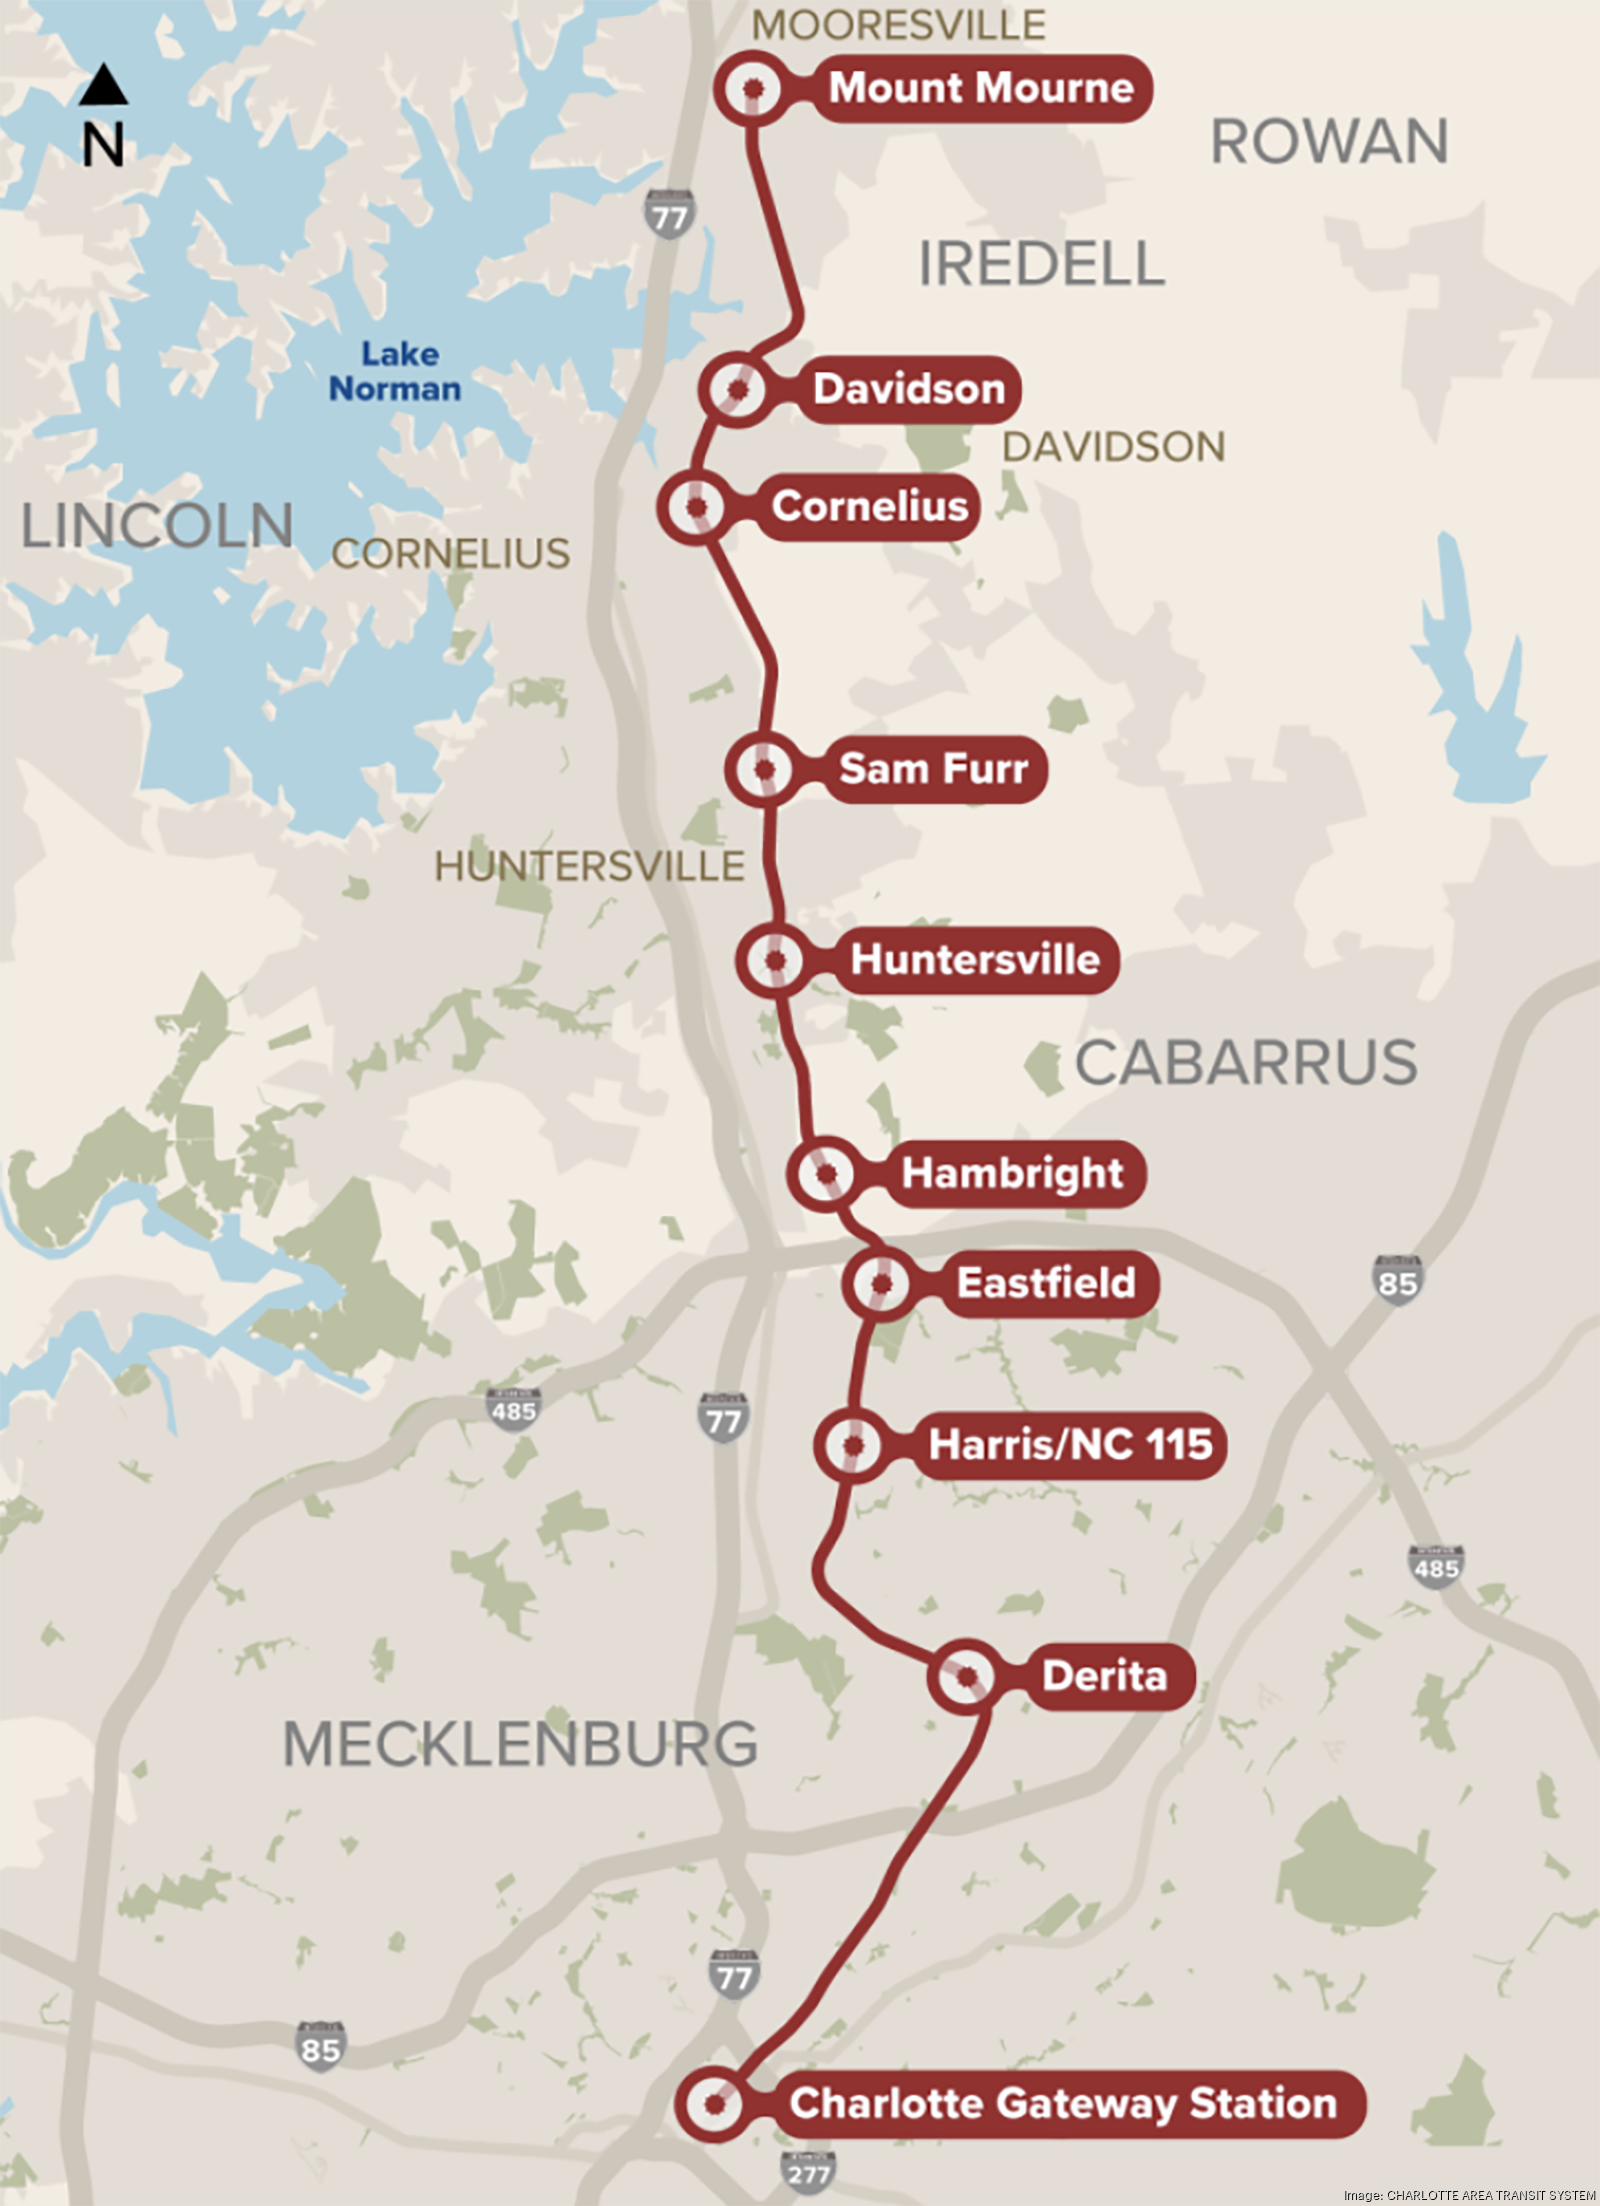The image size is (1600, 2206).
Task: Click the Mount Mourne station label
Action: pyautogui.click(x=981, y=89)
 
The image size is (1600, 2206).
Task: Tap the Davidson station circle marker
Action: pyautogui.click(x=737, y=389)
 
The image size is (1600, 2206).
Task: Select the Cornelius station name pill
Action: pyautogui.click(x=869, y=507)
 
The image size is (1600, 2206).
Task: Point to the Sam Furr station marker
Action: pyautogui.click(x=765, y=769)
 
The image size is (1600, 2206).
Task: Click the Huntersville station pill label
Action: pyautogui.click(x=975, y=960)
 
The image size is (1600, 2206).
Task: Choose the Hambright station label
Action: pyautogui.click(x=1012, y=1174)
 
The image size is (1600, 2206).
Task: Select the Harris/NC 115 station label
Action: pyautogui.click(x=1070, y=1445)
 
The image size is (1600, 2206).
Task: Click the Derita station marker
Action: pyautogui.click(x=967, y=1677)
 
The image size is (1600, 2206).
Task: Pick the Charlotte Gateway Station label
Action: pyautogui.click(x=1063, y=2104)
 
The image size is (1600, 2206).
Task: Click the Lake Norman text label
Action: pyautogui.click(x=396, y=372)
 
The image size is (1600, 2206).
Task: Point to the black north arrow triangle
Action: pyautogui.click(x=103, y=86)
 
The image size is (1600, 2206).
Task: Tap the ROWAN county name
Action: pyautogui.click(x=1329, y=142)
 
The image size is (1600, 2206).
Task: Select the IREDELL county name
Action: pyautogui.click(x=1041, y=264)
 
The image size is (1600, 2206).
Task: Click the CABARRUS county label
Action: pyautogui.click(x=1246, y=1062)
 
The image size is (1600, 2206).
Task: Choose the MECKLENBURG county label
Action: pyautogui.click(x=520, y=1745)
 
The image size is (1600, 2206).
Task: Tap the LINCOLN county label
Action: pyautogui.click(x=157, y=526)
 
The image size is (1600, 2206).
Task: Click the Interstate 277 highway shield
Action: pyautogui.click(x=808, y=2173)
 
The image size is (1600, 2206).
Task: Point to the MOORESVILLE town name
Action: pyautogui.click(x=898, y=25)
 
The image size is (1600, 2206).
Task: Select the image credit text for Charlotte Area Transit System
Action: pyautogui.click(x=1469, y=2195)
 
